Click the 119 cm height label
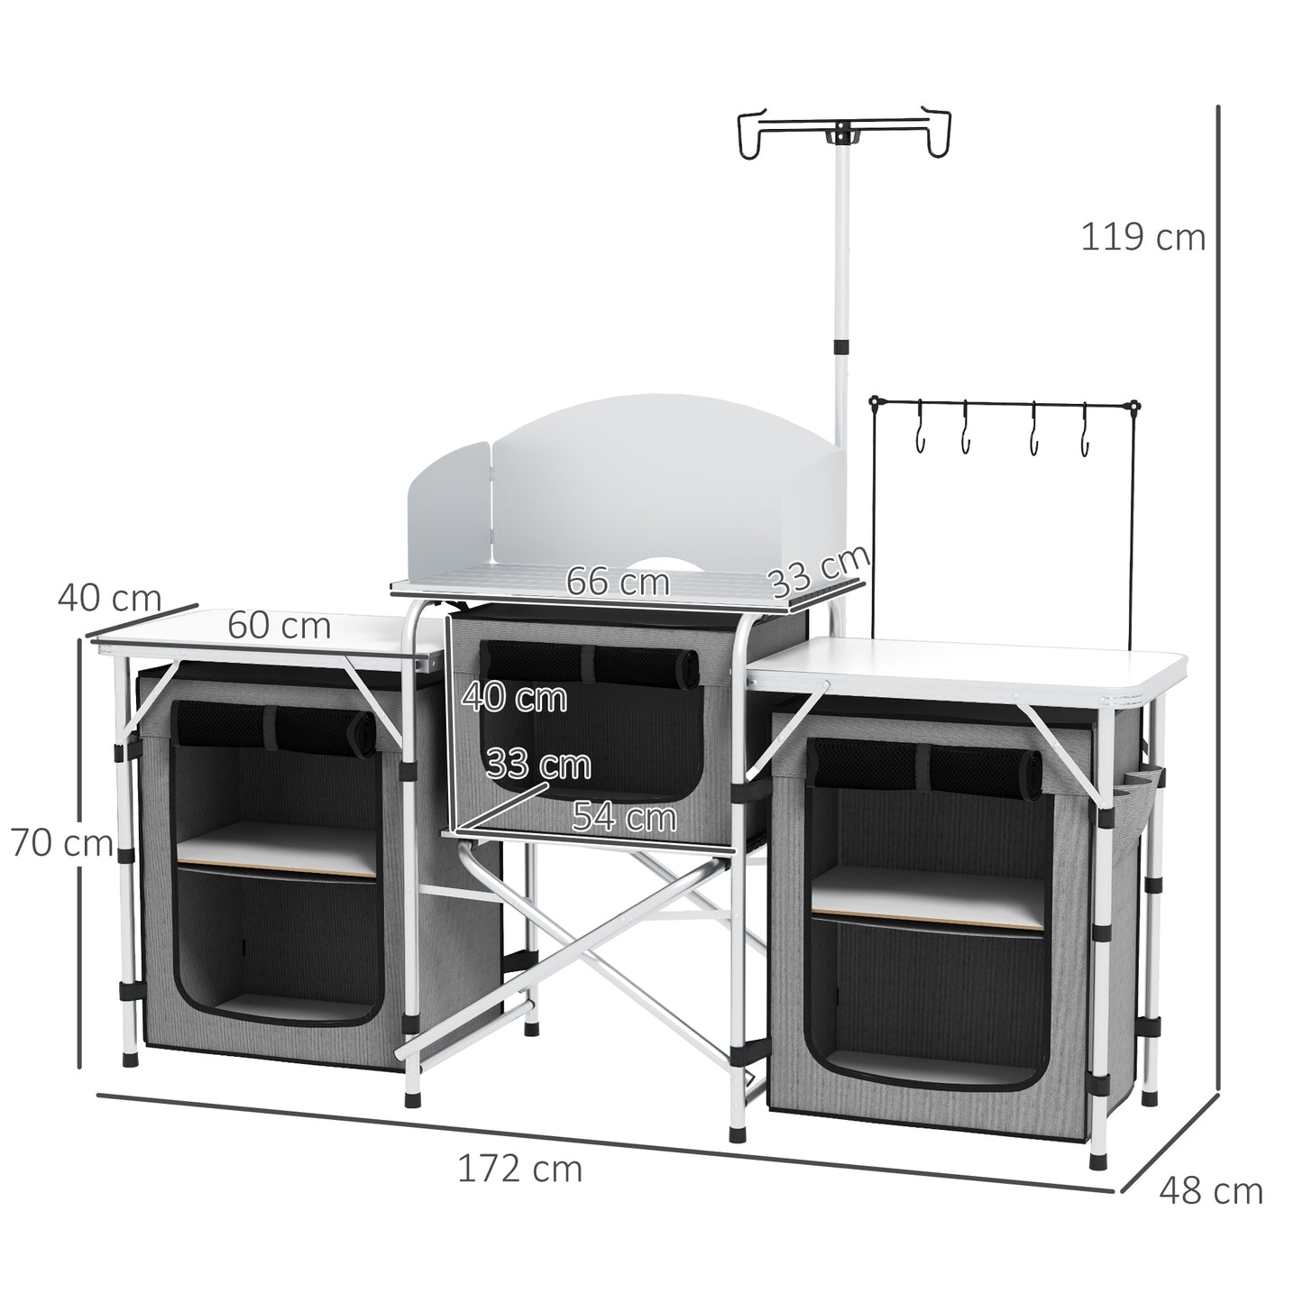click(1142, 238)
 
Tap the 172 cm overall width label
click(519, 1169)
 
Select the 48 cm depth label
click(1210, 1191)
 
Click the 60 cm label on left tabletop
click(279, 625)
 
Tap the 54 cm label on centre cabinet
click(624, 817)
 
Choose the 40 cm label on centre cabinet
click(514, 697)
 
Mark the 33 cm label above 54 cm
click(537, 765)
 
